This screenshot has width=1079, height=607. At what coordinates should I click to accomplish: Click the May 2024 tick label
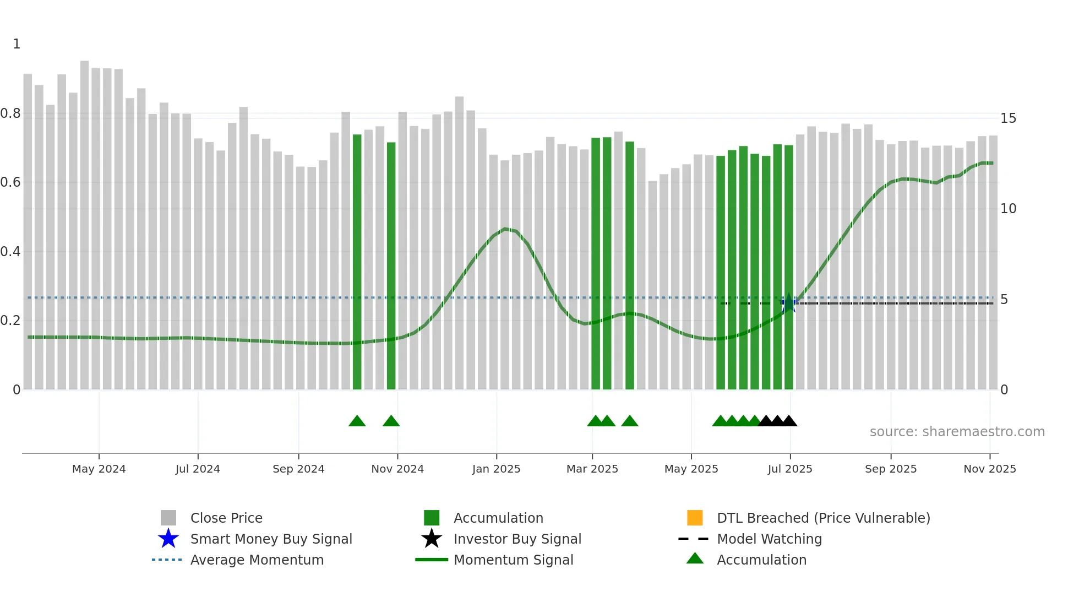99,469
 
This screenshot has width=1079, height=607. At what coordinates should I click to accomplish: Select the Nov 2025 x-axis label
989,469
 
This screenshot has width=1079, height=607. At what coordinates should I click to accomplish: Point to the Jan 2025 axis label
496,469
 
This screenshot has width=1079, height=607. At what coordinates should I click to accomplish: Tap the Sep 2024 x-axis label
298,469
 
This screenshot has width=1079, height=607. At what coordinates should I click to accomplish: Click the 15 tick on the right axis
1008,118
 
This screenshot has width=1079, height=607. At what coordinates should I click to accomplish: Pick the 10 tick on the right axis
1008,209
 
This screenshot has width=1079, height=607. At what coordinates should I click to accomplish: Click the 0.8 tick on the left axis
10,113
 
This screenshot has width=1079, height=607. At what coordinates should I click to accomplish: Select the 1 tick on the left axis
17,44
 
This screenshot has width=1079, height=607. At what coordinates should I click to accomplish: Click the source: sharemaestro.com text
957,432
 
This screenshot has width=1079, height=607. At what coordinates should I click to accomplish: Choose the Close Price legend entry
226,518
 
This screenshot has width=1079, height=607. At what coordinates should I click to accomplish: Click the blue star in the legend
168,539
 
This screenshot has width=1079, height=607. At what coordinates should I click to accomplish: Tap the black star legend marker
432,539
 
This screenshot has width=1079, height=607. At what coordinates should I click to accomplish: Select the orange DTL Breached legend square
695,518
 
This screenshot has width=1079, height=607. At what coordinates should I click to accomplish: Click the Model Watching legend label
769,539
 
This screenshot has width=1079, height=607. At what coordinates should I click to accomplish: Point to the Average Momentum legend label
257,560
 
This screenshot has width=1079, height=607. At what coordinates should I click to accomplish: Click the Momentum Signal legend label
513,560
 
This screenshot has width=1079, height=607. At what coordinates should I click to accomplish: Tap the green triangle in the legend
695,559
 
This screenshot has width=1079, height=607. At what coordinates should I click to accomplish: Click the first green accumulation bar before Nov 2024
357,262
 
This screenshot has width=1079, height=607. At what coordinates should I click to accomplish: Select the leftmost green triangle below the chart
357,421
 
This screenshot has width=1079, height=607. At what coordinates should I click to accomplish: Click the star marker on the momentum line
789,303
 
